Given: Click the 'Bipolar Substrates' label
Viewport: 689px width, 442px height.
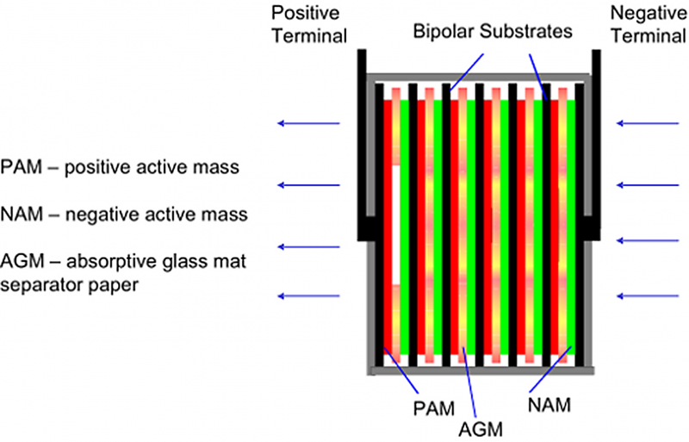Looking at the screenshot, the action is click(x=493, y=31).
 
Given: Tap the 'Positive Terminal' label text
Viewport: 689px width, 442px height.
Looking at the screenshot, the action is click(x=310, y=24).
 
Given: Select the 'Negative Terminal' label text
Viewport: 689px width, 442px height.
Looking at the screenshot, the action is click(x=649, y=24).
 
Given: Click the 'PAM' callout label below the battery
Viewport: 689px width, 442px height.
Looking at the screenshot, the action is click(x=434, y=408).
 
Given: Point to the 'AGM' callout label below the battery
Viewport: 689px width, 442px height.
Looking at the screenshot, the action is click(x=481, y=429).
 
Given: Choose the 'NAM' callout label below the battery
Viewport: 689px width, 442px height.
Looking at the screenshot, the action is click(x=549, y=405).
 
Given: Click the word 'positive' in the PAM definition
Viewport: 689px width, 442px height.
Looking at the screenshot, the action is click(x=97, y=167).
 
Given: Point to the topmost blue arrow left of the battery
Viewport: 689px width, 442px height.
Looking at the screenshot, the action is click(x=308, y=123).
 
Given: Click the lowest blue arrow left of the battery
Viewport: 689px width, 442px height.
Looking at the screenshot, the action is click(x=308, y=296).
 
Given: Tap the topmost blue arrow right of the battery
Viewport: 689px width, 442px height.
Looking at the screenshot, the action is click(x=648, y=123).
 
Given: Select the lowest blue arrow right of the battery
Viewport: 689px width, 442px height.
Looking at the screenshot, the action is click(x=648, y=296).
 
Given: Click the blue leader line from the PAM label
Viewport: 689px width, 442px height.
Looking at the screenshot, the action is click(x=400, y=370).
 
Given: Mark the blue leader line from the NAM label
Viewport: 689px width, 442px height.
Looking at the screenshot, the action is click(x=550, y=369).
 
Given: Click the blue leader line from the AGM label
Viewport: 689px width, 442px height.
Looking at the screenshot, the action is click(x=469, y=382).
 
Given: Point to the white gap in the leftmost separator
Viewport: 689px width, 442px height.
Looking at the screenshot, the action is click(x=396, y=225).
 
